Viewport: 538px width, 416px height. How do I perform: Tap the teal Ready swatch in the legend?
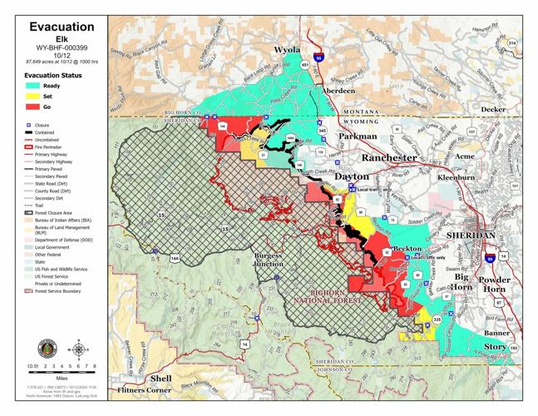coord(33,85)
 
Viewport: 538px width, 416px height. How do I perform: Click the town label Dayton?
coord(351,176)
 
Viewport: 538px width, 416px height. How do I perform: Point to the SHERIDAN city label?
coord(471,235)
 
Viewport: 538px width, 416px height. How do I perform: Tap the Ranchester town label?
coord(388,157)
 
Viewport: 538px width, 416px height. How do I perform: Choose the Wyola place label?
coord(287,51)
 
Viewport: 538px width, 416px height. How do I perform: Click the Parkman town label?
coord(358,136)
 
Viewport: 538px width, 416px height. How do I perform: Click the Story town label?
coord(495,346)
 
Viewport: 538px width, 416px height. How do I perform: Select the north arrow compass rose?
coord(79,348)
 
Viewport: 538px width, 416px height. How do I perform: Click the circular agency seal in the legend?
coord(47,348)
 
